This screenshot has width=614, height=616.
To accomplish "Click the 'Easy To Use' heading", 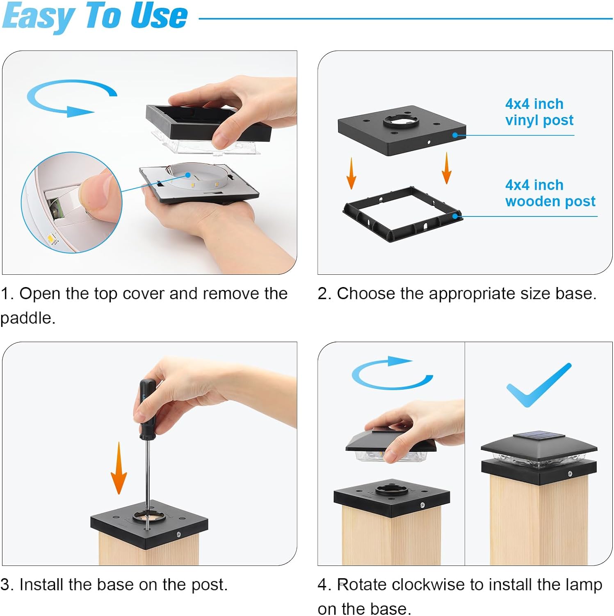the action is point(95,16).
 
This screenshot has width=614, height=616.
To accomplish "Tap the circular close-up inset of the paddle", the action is point(72,202).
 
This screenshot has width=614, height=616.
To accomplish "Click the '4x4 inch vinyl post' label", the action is point(539,112).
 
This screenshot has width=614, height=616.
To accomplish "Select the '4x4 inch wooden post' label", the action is point(550,193).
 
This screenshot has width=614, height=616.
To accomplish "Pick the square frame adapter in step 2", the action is point(402,214).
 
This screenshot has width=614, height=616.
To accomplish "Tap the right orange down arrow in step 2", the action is point(447,168).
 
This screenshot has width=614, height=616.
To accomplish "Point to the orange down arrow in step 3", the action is point(119,468).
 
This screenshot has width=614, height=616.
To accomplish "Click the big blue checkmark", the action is point(539,385).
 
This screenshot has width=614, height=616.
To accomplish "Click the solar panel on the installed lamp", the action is point(539,436).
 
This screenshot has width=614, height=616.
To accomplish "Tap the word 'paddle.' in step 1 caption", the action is point(27,318).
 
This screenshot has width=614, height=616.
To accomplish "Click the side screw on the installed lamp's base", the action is point(570,474).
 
